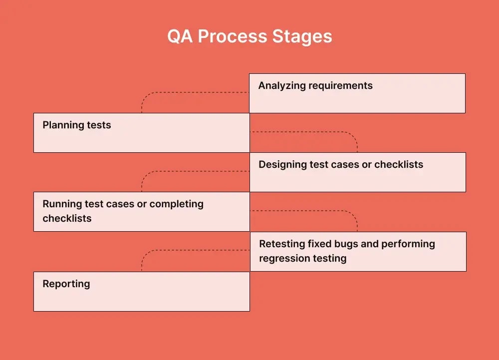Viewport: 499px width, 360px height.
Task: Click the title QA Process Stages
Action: coord(249,37)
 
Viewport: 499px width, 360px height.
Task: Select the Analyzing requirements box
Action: coord(357,93)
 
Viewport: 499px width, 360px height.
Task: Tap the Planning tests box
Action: coord(141,132)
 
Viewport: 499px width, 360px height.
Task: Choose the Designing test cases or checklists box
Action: coord(357,172)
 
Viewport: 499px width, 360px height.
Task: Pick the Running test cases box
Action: coord(141,211)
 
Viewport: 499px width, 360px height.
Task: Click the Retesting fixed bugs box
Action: coord(358,251)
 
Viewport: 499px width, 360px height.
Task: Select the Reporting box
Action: coord(141,291)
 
